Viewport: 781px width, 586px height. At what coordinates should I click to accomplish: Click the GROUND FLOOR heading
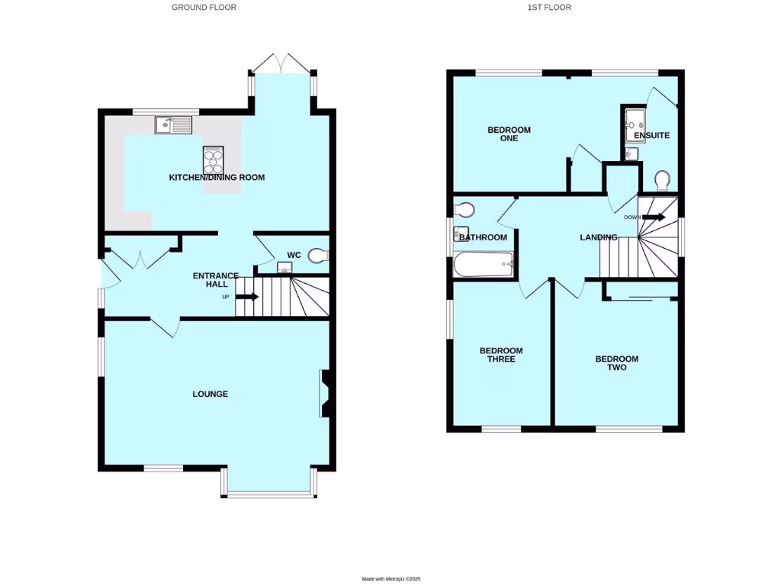click(204, 8)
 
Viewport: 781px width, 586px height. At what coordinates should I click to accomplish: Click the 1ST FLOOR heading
click(549, 8)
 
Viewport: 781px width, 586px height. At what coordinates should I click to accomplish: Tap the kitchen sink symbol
click(175, 124)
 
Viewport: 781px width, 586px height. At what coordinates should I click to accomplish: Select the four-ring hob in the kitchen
click(213, 160)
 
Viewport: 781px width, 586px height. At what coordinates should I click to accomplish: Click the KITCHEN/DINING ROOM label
click(217, 178)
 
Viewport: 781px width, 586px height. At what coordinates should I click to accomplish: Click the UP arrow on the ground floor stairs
click(247, 297)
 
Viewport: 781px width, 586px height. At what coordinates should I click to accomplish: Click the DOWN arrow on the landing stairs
click(653, 217)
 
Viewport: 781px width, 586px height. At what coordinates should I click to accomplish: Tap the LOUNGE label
click(210, 394)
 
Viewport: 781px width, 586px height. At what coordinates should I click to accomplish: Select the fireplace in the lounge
click(325, 394)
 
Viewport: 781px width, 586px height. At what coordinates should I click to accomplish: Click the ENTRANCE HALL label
click(215, 280)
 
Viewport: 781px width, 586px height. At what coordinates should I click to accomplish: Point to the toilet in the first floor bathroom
click(464, 209)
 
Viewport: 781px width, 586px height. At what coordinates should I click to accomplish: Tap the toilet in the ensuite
click(662, 180)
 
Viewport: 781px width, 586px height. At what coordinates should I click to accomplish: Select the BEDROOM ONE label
click(509, 134)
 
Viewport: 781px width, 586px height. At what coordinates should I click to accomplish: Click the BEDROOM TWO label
click(616, 363)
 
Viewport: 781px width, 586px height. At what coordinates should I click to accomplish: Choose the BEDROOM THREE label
click(501, 355)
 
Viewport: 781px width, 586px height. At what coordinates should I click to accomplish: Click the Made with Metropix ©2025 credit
click(390, 580)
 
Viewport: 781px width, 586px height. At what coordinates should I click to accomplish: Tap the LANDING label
click(598, 238)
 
